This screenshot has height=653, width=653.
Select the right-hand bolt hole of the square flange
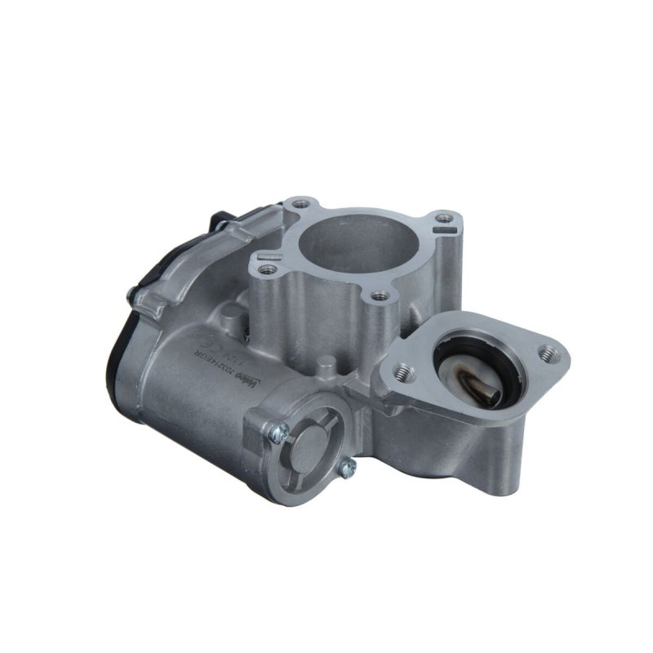tap(442, 219)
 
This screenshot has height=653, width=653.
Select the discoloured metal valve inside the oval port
tap(478, 384)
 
